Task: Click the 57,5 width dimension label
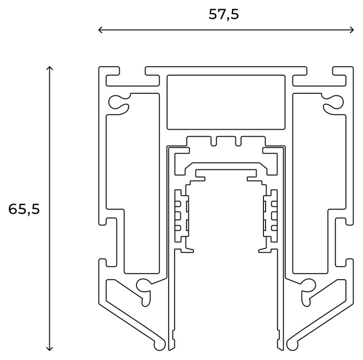[x=224, y=15]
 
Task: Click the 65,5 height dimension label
[x=24, y=209]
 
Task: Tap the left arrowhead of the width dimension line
[x=100, y=30]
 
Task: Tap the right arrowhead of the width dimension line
[x=352, y=30]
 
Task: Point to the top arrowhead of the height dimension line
[x=50, y=68]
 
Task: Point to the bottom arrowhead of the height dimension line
[x=50, y=349]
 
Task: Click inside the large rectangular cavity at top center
[x=226, y=102]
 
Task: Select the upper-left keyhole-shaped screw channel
[x=119, y=103]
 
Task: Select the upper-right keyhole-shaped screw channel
[x=333, y=103]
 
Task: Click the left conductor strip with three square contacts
[x=181, y=216]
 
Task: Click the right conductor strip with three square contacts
[x=271, y=216]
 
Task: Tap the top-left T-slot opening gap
[x=132, y=71]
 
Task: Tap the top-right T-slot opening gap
[x=320, y=71]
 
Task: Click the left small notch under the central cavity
[x=214, y=141]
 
